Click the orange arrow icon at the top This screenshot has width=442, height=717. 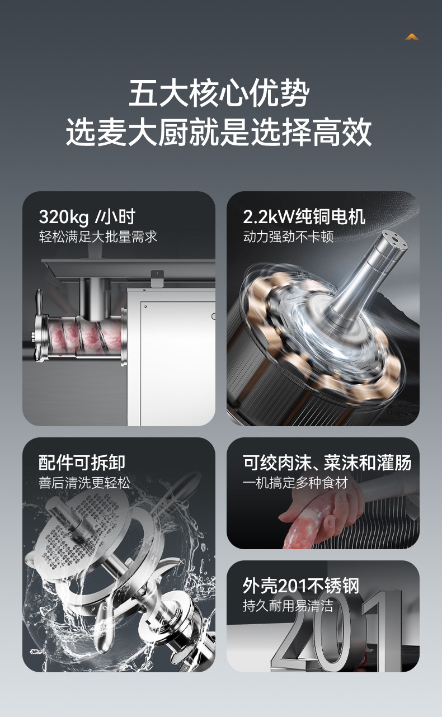click(412, 37)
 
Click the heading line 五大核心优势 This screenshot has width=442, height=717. click(219, 93)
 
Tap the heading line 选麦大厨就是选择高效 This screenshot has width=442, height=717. click(219, 132)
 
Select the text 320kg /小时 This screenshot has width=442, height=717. click(87, 217)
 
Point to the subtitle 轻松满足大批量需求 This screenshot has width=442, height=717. click(98, 237)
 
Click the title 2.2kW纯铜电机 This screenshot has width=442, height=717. click(304, 216)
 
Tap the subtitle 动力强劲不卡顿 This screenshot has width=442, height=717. click(288, 237)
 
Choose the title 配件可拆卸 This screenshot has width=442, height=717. click(82, 463)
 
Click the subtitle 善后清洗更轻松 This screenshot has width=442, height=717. click(84, 483)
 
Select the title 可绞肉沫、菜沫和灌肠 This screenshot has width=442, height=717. click(327, 463)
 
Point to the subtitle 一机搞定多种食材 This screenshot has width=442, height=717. click(295, 483)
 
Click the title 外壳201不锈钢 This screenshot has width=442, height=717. click(301, 586)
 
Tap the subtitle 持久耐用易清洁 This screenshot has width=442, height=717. click(288, 606)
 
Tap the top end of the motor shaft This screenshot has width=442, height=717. click(394, 239)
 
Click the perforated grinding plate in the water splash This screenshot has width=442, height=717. click(80, 528)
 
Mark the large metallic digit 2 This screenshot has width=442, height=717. click(291, 637)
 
